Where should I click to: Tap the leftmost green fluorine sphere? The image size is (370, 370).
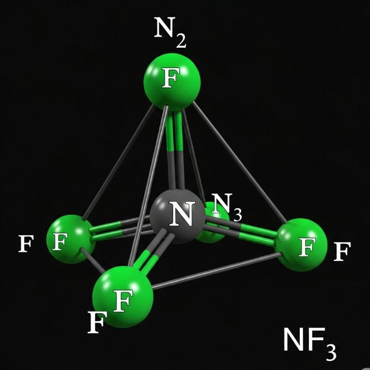point(70,238)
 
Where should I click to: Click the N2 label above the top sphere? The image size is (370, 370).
point(169,33)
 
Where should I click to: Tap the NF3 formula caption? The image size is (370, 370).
point(309,341)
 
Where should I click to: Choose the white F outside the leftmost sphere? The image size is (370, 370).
point(25,244)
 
